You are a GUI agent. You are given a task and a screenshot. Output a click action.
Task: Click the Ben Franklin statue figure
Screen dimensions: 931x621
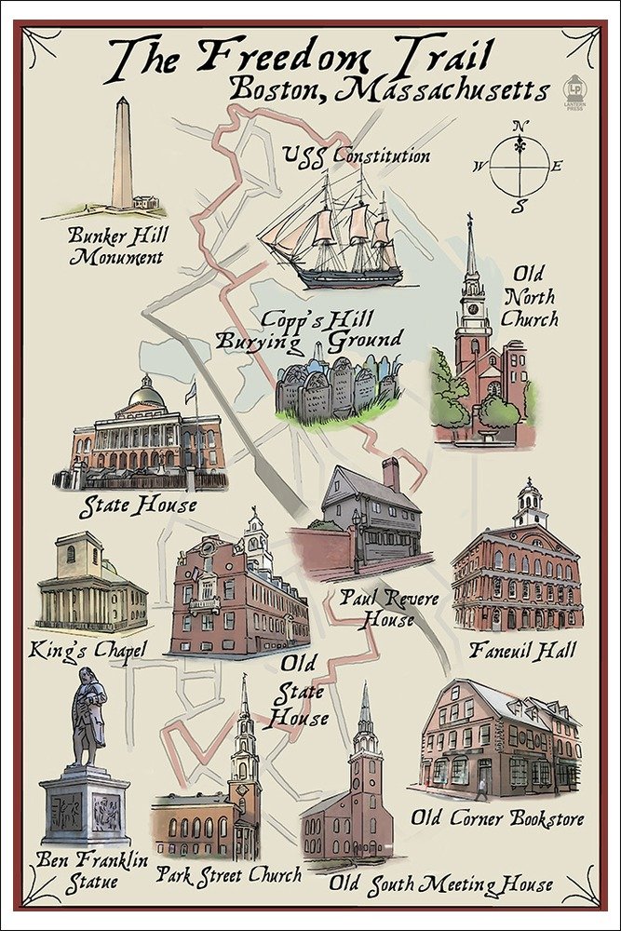(89, 717)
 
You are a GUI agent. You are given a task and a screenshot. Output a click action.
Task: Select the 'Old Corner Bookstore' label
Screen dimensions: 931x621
(498, 819)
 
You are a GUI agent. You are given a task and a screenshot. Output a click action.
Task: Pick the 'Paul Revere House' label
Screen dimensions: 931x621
(389, 608)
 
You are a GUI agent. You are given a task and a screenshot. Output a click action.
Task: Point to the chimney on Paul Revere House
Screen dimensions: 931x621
(391, 475)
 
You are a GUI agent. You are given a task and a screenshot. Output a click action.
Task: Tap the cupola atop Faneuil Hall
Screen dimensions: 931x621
(530, 503)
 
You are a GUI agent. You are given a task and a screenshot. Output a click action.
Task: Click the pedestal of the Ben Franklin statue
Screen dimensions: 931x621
(85, 805)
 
